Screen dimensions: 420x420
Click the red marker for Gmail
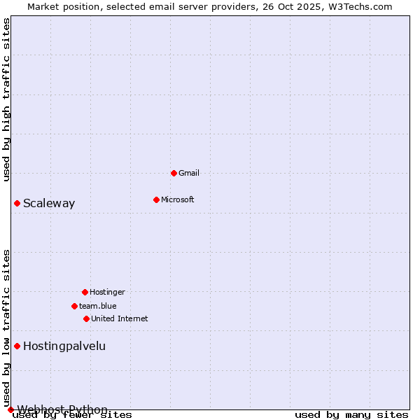[174, 173]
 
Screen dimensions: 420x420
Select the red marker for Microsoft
[156, 199]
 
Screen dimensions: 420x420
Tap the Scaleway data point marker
[17, 203]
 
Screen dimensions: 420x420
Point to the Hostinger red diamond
[85, 292]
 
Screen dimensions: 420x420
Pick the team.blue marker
[74, 306]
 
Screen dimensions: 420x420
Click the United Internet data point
[86, 318]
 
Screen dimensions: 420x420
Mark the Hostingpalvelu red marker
[17, 346]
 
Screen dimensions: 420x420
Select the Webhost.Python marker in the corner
[10, 409]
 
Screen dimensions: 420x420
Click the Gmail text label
[189, 173]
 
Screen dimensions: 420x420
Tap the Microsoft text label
[178, 199]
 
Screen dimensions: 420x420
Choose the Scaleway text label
[49, 204]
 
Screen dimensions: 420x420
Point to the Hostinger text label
[107, 292]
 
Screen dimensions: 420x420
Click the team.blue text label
[98, 306]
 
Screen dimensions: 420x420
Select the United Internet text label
[120, 318]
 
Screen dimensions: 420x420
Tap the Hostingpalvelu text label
[64, 346]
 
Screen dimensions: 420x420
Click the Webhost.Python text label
[62, 409]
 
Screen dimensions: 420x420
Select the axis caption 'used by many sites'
[351, 415]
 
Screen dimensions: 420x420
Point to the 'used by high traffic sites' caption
[7, 99]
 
